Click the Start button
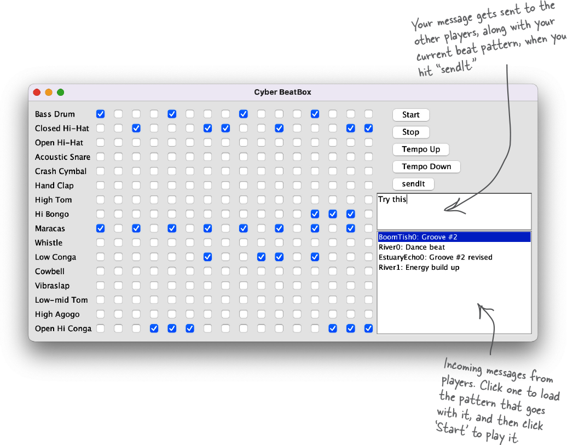(x=411, y=115)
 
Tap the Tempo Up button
(x=421, y=149)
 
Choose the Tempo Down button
(x=426, y=166)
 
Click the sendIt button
(x=413, y=184)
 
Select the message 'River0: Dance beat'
(x=412, y=247)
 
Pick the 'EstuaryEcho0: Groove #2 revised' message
(x=436, y=257)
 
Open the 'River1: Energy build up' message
(x=419, y=267)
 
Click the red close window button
(x=37, y=93)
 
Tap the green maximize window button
(x=61, y=93)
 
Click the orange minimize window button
(x=49, y=93)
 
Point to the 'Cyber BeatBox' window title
(x=282, y=93)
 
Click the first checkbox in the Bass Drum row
(x=101, y=114)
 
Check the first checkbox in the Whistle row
(x=101, y=242)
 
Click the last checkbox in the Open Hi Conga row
(x=368, y=328)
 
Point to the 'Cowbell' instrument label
(x=50, y=271)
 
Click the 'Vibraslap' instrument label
(x=52, y=286)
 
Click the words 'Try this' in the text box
(x=392, y=199)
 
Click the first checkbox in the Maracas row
(x=101, y=228)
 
